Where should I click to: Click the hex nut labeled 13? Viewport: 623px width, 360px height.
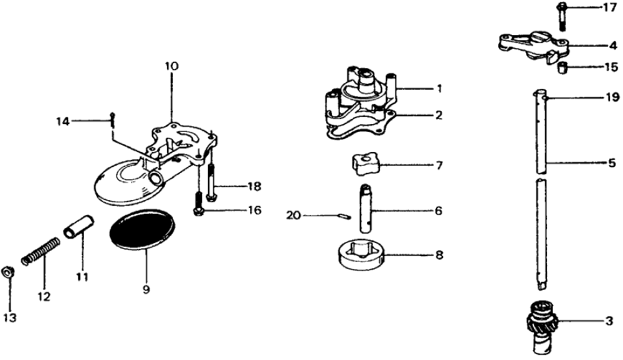(9, 272)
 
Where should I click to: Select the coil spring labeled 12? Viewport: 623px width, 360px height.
(40, 251)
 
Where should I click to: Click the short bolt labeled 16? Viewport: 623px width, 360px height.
(197, 211)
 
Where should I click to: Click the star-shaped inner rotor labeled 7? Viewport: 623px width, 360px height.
(365, 165)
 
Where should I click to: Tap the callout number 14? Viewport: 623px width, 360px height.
(62, 121)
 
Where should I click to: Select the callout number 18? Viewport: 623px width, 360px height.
(254, 186)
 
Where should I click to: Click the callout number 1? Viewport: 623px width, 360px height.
(439, 88)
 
